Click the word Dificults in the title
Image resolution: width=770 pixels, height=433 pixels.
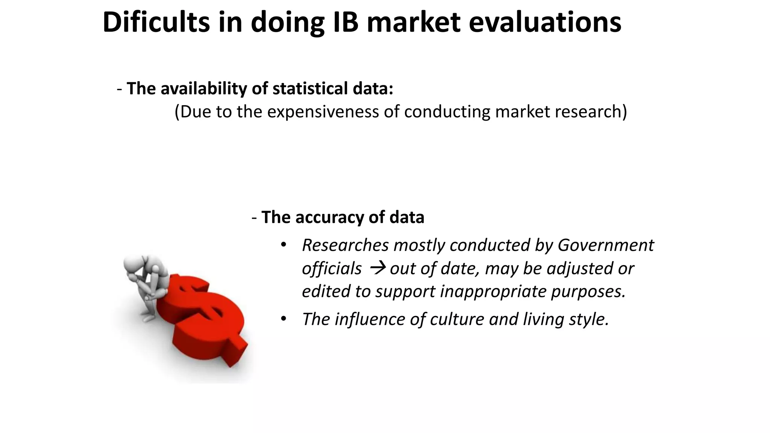tap(156, 23)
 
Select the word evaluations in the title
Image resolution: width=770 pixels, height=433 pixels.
tap(545, 23)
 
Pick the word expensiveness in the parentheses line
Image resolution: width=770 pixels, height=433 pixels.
tap(323, 112)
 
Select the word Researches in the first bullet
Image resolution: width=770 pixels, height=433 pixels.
tap(345, 245)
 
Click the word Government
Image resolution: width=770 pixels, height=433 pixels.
tap(606, 245)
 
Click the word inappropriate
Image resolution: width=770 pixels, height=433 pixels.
tap(493, 291)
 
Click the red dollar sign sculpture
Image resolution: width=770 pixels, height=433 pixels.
tap(205, 319)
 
